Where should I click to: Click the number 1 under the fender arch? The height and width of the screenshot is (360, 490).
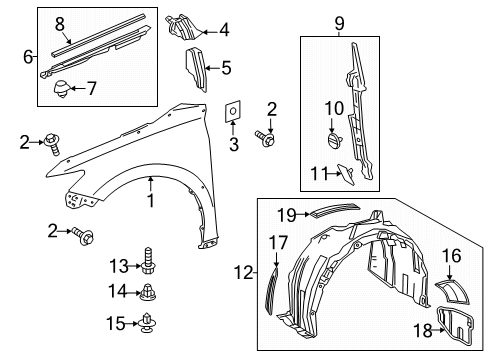151,200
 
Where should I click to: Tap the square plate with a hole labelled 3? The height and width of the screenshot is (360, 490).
233,111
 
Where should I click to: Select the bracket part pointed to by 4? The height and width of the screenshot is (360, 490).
183,26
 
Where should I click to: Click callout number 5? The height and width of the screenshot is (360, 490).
226,68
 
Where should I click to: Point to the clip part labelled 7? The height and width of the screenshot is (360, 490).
62,89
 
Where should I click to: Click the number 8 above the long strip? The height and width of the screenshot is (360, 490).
60,24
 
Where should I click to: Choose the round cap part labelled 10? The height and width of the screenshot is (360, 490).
333,139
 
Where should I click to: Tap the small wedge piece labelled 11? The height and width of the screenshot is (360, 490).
346,174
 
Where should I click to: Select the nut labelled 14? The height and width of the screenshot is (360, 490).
148,292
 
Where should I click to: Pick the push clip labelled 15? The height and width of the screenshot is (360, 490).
147,323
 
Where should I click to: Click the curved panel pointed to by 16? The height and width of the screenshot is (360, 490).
452,292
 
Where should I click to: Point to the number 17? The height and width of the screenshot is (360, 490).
278,243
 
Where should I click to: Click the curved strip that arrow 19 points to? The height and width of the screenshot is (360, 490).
335,209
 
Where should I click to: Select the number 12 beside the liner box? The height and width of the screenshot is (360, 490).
244,273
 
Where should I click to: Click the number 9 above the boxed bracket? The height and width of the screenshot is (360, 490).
339,23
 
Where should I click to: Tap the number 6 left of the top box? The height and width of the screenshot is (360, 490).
28,57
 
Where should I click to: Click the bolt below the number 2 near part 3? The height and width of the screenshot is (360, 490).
265,139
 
